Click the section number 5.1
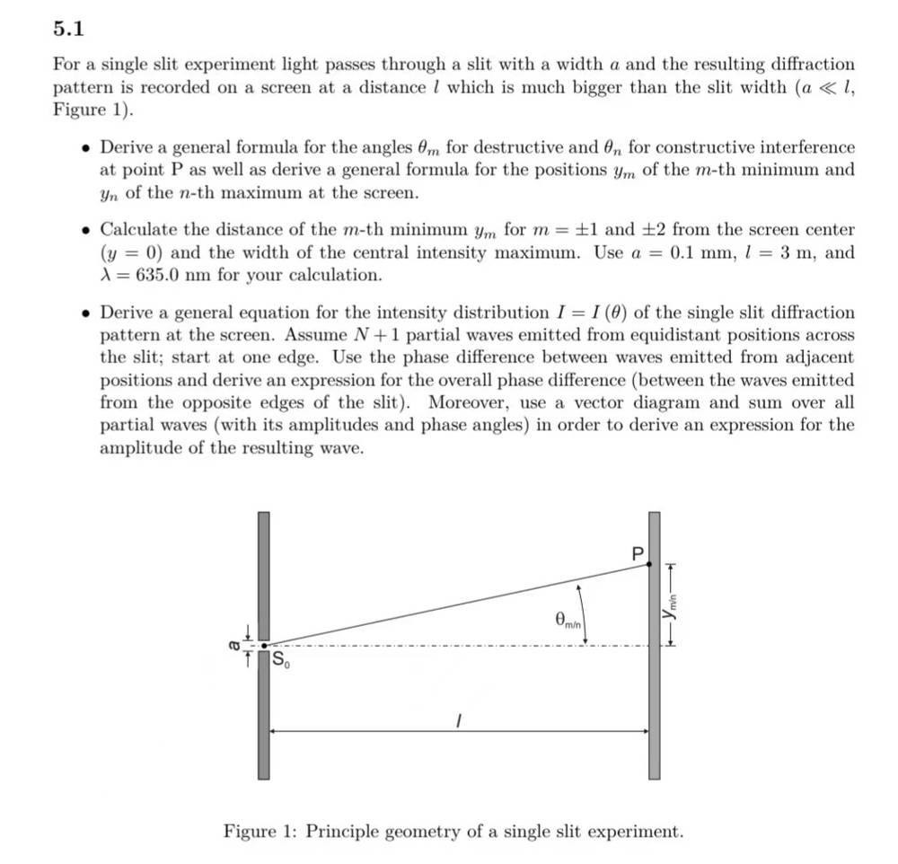(x=67, y=30)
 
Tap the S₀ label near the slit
(x=281, y=662)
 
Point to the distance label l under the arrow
(x=458, y=720)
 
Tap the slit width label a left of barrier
(x=236, y=644)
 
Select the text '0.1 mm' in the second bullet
(x=698, y=252)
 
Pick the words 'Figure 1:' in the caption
(x=261, y=831)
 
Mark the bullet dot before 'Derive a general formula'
(x=85, y=148)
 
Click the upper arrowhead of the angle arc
(x=581, y=585)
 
